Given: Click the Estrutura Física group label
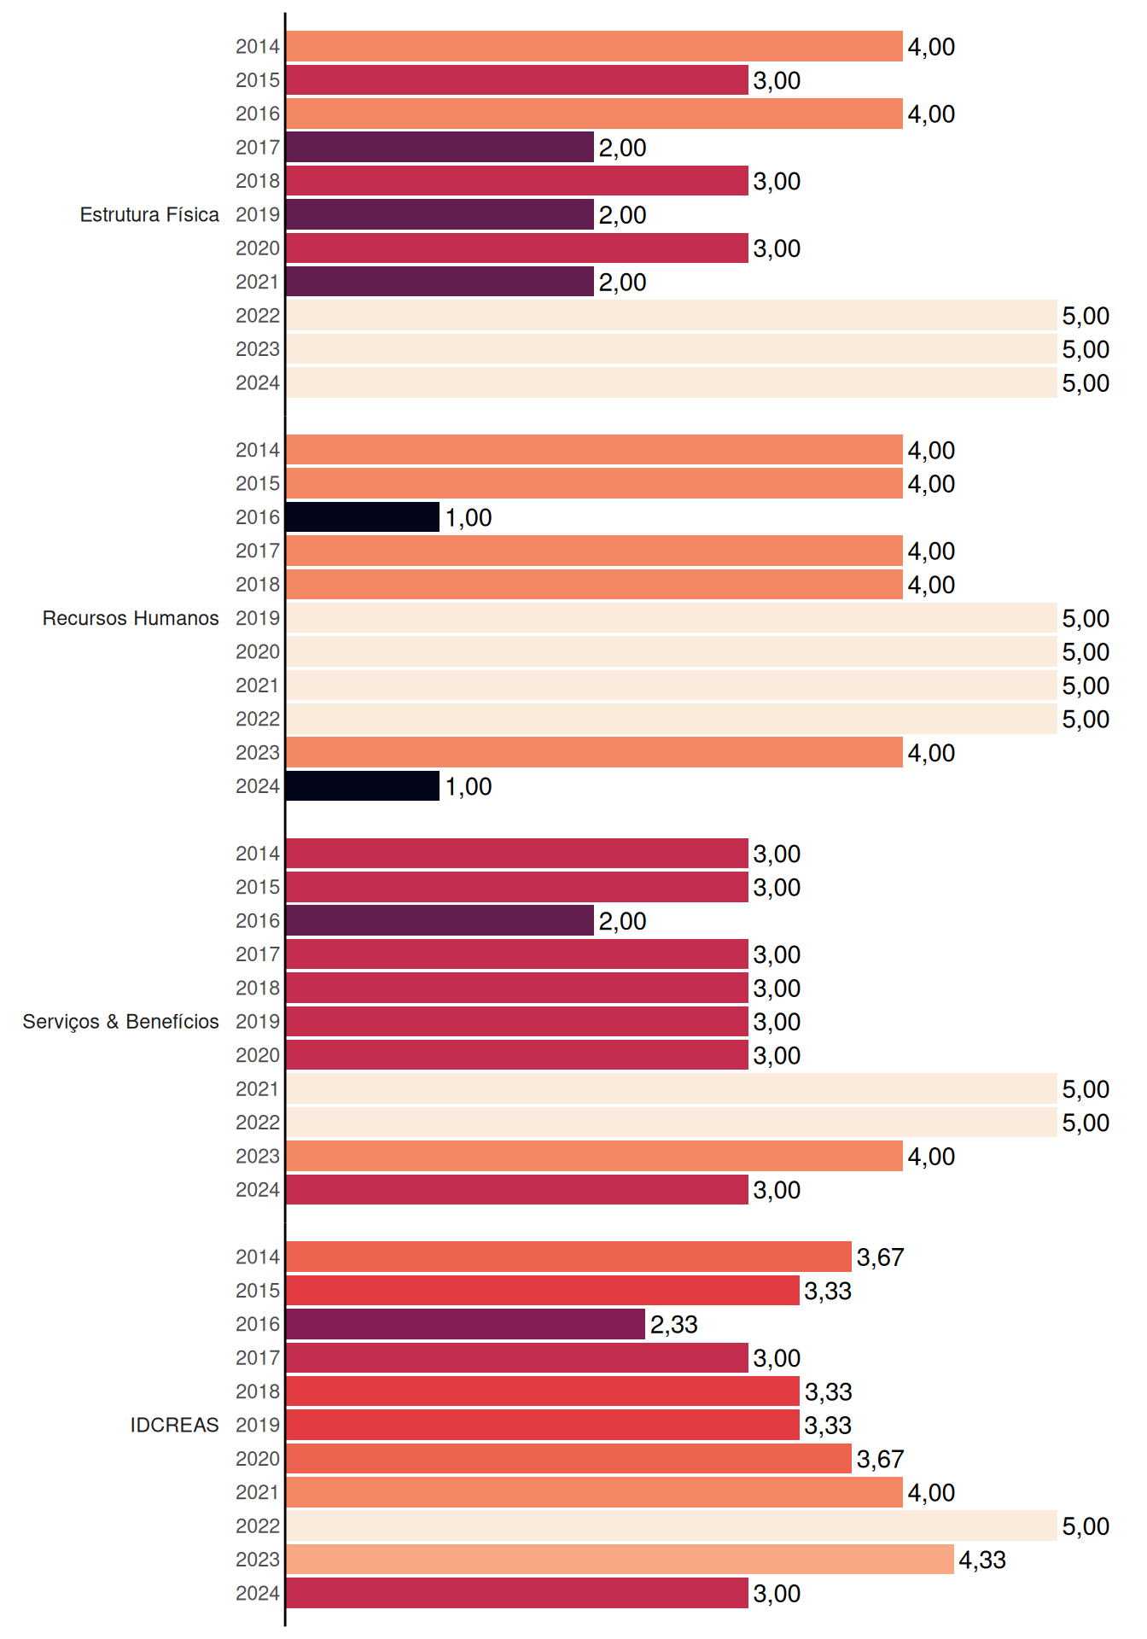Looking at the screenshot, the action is pos(149,214).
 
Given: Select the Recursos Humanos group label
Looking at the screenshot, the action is pos(131,618).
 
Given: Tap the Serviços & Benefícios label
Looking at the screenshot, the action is pos(120,1022).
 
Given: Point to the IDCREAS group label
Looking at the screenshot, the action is pos(174,1425).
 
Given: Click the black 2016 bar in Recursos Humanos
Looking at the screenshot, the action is pos(363,517).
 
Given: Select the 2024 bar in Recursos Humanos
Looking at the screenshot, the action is pos(363,786).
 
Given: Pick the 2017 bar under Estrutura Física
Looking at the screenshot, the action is pos(440,147).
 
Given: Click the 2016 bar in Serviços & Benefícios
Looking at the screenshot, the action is pos(440,920).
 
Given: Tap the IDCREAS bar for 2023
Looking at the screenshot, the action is pos(620,1560).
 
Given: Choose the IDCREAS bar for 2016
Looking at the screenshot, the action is pos(466,1324).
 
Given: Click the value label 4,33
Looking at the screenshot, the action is pos(982,1560).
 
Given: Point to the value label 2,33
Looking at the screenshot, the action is pos(674,1325).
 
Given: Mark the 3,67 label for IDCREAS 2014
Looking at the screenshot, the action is pos(880,1257).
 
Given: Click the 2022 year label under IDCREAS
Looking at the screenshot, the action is pos(258,1526).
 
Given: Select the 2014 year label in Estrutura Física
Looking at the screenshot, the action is pos(258,47).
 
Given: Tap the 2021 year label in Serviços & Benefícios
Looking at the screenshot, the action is pos(258,1089).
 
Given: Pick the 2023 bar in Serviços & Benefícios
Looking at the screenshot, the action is pos(595,1156).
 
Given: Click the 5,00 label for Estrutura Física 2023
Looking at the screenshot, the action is pos(1086,350).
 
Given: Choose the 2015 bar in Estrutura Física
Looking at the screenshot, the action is pos(517,80).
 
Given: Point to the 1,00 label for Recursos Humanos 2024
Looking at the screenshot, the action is pos(469,787).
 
